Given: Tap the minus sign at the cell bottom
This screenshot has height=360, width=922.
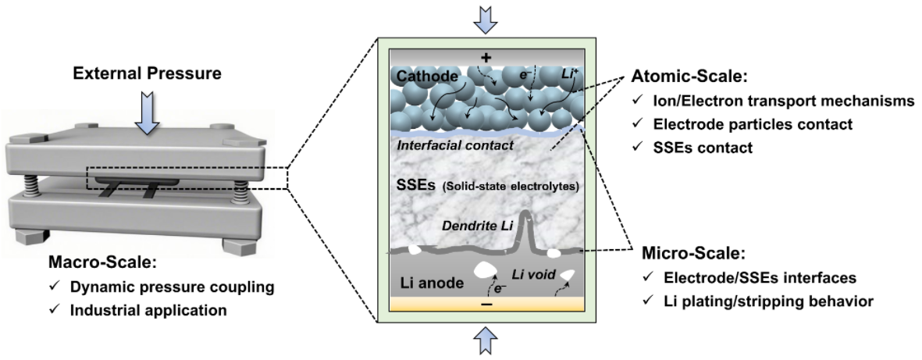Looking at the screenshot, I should pyautogui.click(x=485, y=307).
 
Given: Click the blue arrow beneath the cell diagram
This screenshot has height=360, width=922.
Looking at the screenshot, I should pyautogui.click(x=485, y=341).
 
